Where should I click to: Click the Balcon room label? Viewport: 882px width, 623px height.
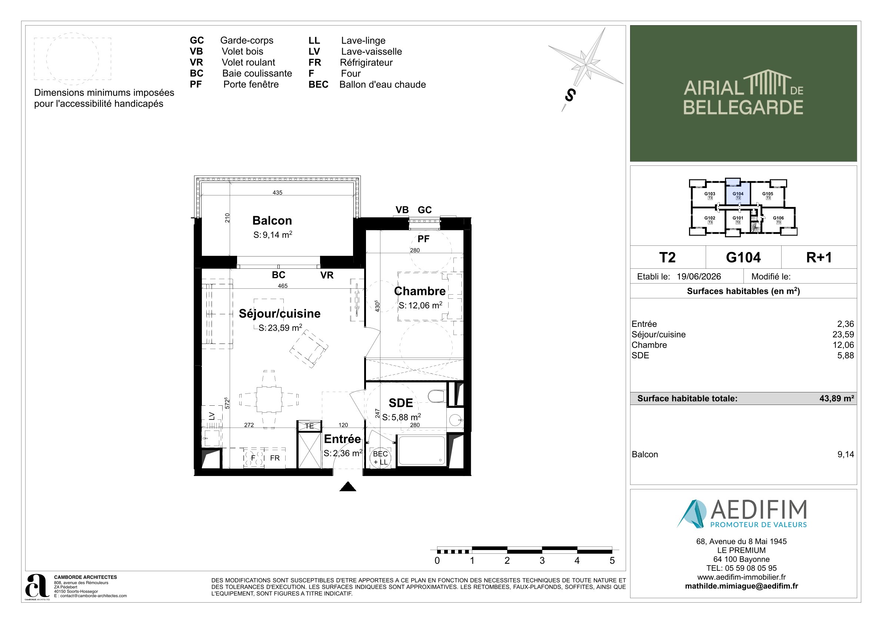(x=272, y=220)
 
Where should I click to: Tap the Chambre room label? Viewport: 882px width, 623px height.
(x=420, y=291)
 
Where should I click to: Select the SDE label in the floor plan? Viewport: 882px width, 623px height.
(x=401, y=403)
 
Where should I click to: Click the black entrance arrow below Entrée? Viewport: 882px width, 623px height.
(x=348, y=486)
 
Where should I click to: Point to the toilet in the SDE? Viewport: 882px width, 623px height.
(x=437, y=396)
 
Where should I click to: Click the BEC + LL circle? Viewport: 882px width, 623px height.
(x=380, y=458)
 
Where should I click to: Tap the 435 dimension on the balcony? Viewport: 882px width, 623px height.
(x=277, y=193)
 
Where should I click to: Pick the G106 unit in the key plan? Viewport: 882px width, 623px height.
(x=778, y=220)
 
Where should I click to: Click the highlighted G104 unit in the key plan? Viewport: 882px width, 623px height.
(x=738, y=195)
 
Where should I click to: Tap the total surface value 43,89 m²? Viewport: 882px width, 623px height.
(x=837, y=398)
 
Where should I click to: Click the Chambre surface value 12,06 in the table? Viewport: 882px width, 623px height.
(x=843, y=345)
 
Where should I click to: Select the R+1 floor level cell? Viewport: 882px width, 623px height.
(x=819, y=257)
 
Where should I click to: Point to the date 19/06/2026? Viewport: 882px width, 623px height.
(x=699, y=277)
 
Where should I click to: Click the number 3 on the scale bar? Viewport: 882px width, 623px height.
(x=542, y=560)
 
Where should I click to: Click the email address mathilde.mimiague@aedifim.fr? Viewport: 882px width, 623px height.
(x=741, y=586)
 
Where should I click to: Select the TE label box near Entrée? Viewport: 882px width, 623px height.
(x=309, y=426)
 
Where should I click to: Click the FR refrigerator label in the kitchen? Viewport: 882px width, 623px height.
(x=274, y=458)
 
